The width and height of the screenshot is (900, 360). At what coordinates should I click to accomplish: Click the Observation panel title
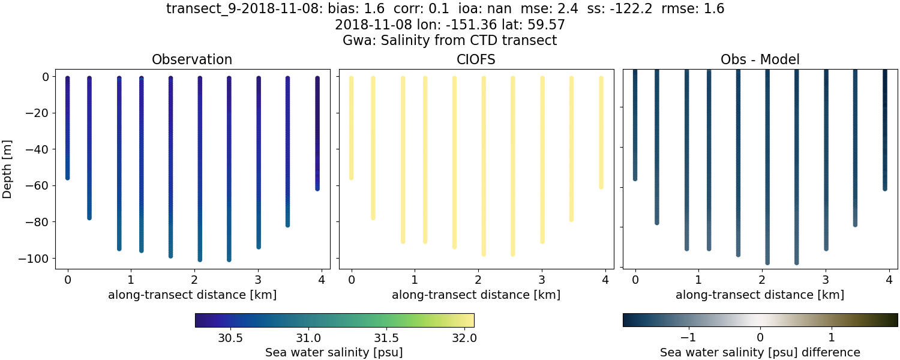point(192,59)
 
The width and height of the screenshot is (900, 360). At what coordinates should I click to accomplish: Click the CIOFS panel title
point(476,59)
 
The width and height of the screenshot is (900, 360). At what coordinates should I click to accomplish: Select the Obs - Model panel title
point(760,59)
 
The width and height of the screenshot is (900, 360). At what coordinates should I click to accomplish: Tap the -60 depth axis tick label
point(42,186)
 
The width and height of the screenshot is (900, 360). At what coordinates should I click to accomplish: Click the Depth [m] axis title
point(8,168)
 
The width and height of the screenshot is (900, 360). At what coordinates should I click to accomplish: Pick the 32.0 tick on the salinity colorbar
point(463,338)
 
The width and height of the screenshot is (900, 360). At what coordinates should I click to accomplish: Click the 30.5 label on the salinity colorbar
point(230,338)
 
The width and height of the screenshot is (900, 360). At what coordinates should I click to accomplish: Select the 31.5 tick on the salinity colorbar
point(385,338)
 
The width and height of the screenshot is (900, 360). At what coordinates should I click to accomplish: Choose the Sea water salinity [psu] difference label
point(760,352)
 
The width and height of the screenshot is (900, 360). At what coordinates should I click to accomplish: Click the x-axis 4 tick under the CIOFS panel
point(605,280)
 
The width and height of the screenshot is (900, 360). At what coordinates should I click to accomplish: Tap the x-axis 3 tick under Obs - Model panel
point(826,280)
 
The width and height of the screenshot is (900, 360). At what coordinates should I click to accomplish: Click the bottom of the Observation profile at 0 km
point(68,178)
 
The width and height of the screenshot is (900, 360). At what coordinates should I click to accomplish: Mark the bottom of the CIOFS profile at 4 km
point(601,187)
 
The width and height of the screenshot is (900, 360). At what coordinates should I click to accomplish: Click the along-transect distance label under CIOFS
point(476,295)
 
